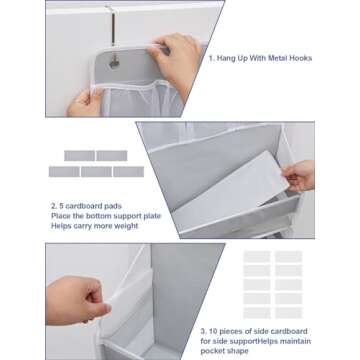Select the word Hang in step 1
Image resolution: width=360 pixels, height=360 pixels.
[227, 59]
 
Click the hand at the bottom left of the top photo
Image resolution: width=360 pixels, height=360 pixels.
[85, 103]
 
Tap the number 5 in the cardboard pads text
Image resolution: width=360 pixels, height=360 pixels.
[61, 206]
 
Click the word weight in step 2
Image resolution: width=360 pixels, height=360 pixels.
[126, 226]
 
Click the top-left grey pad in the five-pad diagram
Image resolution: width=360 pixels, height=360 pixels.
[79, 156]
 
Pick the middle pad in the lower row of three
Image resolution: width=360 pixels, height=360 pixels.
[96, 172]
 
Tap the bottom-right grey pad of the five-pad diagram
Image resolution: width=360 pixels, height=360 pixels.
[129, 172]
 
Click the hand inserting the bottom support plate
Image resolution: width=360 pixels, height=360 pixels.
[298, 176]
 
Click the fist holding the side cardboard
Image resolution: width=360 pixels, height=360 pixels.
[76, 300]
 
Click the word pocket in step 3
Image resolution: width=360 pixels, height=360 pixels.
[212, 351]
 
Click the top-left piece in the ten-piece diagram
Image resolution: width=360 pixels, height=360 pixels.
[257, 257]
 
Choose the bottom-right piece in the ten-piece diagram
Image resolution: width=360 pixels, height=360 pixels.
[289, 313]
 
